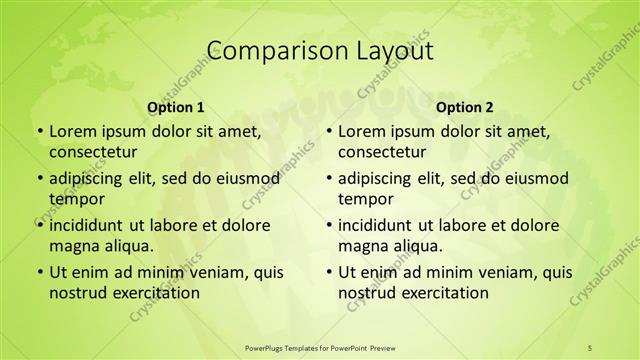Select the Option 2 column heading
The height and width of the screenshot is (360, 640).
tap(464, 107)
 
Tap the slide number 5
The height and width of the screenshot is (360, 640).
tap(590, 347)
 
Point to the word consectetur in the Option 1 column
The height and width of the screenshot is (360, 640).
tap(93, 151)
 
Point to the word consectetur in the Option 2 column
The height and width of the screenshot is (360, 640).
tap(382, 151)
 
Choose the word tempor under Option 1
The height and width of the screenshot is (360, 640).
tap(73, 198)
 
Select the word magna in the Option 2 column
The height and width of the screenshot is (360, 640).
tap(362, 245)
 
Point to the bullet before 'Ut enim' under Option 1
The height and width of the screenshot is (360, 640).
tap(40, 272)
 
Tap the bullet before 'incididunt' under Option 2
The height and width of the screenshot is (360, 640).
tap(329, 225)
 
